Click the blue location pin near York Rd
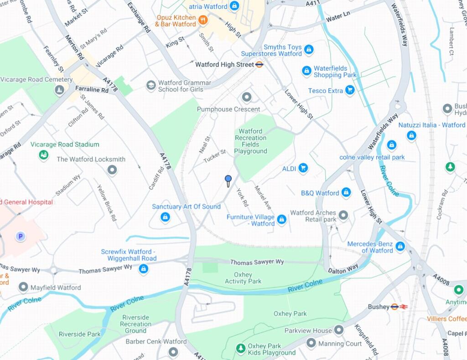228,179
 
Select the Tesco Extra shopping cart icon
350,90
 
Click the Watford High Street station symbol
259,65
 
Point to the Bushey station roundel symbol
395,307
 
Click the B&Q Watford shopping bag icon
346,193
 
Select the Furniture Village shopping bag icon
282,220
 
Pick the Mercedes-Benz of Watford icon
400,246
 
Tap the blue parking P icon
20,236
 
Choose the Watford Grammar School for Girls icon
151,86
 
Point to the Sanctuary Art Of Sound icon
166,217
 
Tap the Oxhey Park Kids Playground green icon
240,349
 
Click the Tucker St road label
215,155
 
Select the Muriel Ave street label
263,198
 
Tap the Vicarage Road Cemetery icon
59,90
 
